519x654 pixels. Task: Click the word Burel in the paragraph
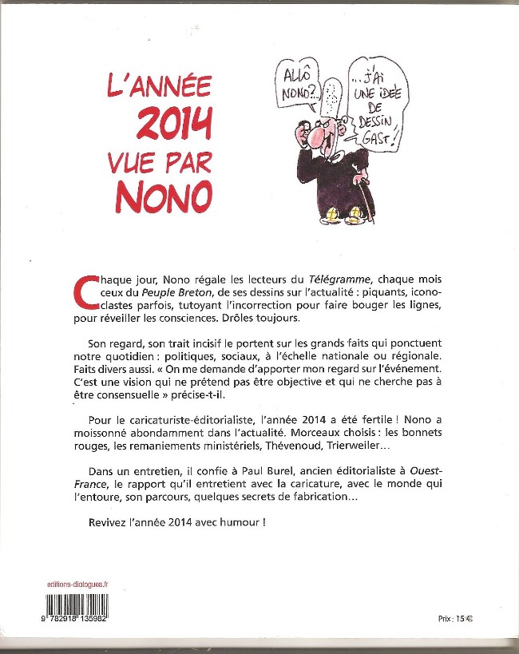pyautogui.click(x=255, y=474)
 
